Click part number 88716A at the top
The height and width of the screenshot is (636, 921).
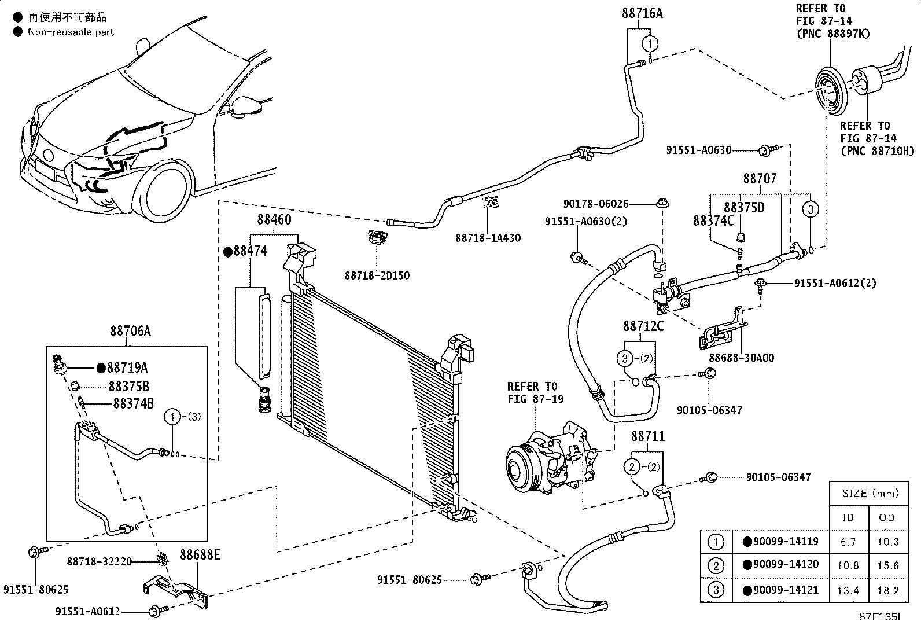point(642,13)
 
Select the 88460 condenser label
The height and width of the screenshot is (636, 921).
point(274,220)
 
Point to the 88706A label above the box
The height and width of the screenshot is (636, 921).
point(130,331)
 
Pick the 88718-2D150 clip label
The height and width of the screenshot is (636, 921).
point(377,275)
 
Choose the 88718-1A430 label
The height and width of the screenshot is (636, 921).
point(488,238)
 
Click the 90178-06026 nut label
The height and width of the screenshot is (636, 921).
point(595,204)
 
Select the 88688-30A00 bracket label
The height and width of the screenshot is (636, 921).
point(741,358)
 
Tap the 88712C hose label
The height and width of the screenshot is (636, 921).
point(643,326)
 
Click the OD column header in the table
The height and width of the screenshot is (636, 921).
point(886,517)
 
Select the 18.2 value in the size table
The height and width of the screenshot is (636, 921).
point(887,590)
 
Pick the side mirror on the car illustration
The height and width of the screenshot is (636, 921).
point(246,106)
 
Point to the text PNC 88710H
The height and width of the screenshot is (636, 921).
point(877,152)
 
